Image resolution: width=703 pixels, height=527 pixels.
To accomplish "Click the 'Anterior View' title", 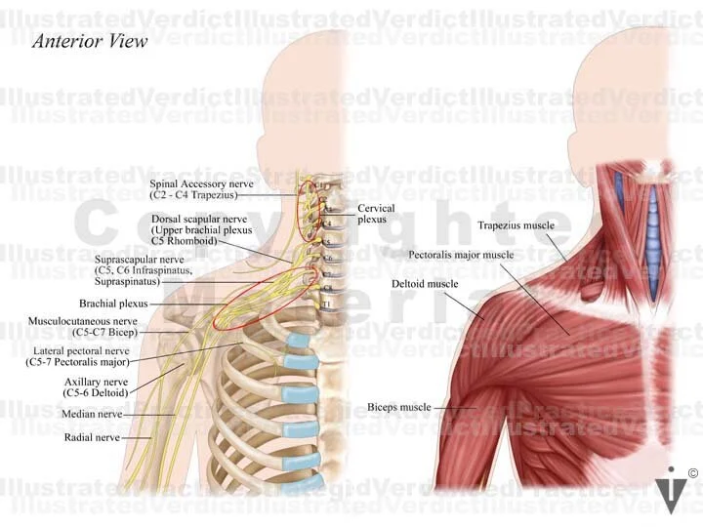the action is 90,41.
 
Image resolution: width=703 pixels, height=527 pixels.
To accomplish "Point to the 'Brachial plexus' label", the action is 113,304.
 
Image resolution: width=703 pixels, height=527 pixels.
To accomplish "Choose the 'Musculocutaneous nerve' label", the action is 81,320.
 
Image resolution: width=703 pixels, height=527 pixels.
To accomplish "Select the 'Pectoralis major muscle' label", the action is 461,255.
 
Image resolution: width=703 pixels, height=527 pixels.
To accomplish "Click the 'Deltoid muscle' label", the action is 425,284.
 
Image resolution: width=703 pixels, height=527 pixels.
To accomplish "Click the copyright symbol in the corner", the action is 691,474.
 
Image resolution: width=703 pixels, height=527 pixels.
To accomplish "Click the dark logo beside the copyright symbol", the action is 670,491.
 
